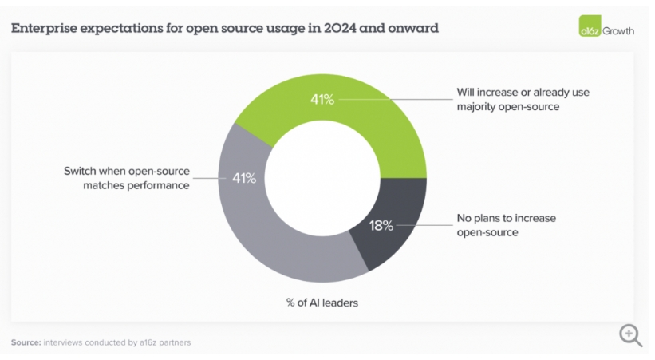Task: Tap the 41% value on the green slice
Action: click(322, 100)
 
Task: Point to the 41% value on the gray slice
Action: click(243, 178)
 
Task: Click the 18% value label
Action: click(381, 226)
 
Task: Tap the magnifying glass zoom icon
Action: click(630, 335)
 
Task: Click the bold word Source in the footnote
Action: click(26, 342)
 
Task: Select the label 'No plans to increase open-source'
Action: click(506, 225)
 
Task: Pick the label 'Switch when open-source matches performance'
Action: click(126, 178)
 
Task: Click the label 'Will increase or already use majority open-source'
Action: click(523, 99)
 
